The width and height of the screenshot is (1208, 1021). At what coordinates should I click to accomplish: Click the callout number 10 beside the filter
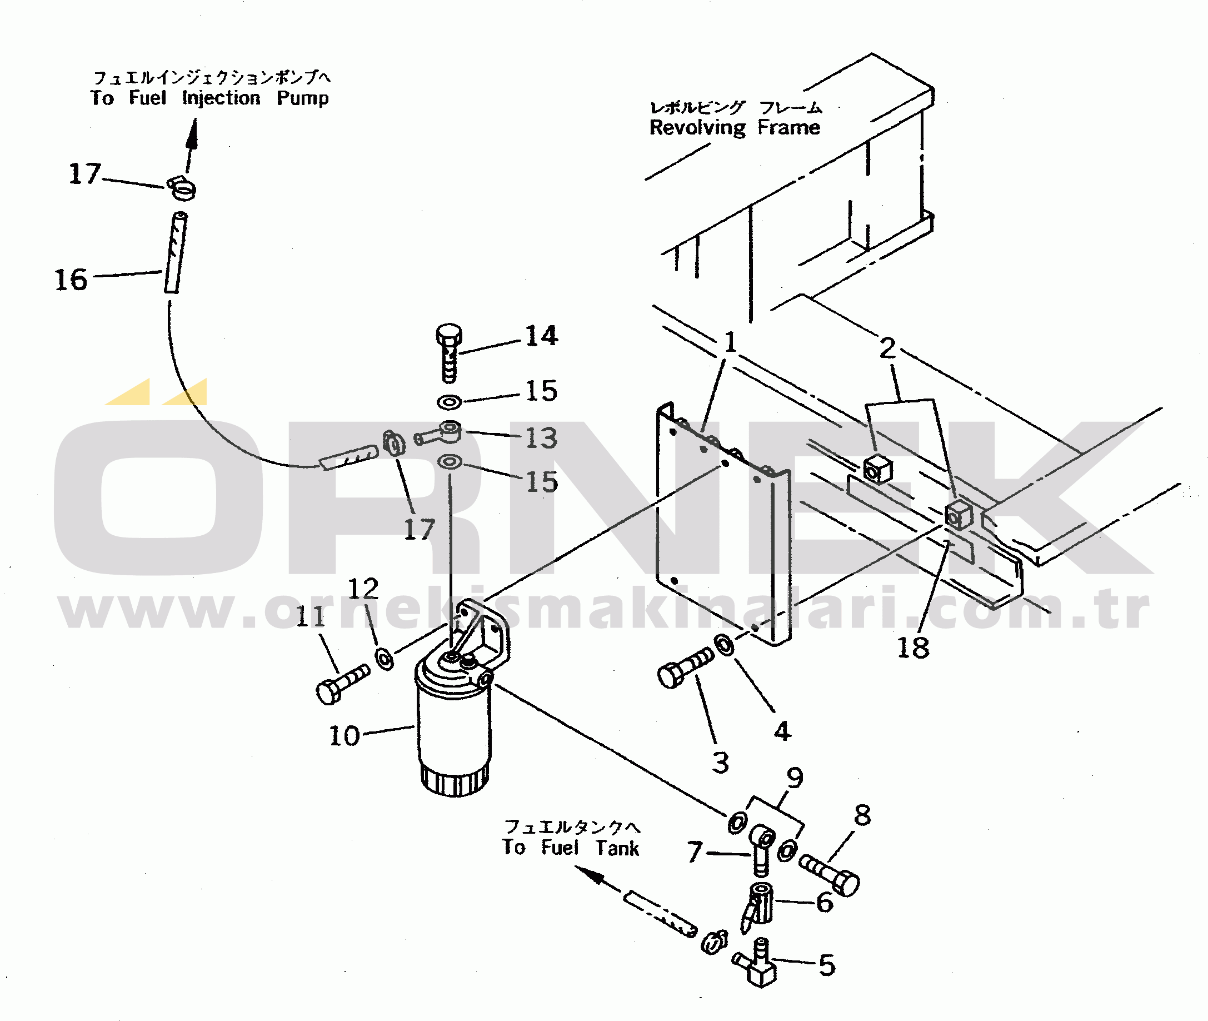(345, 736)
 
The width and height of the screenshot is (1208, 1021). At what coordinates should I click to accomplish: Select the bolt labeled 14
(449, 352)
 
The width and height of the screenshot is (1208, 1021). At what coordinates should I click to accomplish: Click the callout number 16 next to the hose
(71, 280)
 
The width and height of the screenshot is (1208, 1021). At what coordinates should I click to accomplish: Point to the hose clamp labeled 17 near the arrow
(182, 187)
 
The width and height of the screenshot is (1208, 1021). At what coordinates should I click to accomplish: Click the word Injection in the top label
(221, 98)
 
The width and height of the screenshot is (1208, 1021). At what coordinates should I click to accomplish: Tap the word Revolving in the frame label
(697, 128)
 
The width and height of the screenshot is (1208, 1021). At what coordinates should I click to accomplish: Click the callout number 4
(782, 731)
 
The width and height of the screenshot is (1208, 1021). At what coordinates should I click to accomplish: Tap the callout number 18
(913, 647)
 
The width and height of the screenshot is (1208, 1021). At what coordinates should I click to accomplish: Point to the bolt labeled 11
(342, 684)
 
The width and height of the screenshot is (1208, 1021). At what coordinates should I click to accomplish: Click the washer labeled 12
(385, 659)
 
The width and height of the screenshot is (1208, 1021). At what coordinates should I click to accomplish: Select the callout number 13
(542, 437)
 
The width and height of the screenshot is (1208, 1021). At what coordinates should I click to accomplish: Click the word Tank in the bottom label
(617, 849)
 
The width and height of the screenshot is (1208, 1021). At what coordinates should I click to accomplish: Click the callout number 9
(795, 778)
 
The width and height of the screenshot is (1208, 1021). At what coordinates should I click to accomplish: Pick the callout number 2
(887, 348)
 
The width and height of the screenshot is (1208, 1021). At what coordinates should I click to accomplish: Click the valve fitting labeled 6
(758, 907)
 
